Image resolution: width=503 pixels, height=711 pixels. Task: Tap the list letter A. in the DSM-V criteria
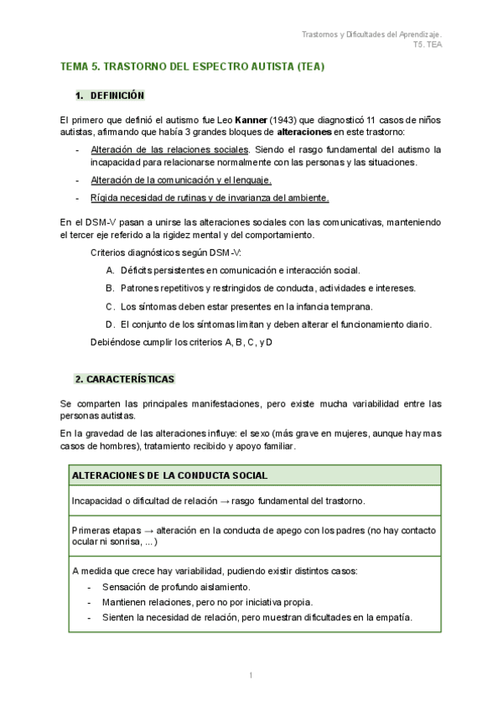click(x=111, y=270)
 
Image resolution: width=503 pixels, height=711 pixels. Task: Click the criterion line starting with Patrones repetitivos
click(x=267, y=288)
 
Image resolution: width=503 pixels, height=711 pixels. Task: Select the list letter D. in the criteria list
click(x=111, y=324)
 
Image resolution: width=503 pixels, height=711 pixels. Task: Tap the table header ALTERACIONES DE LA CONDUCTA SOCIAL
click(x=170, y=475)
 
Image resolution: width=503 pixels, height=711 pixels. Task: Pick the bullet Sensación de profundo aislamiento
click(x=175, y=587)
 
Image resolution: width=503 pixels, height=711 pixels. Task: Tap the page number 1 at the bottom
click(x=251, y=675)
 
